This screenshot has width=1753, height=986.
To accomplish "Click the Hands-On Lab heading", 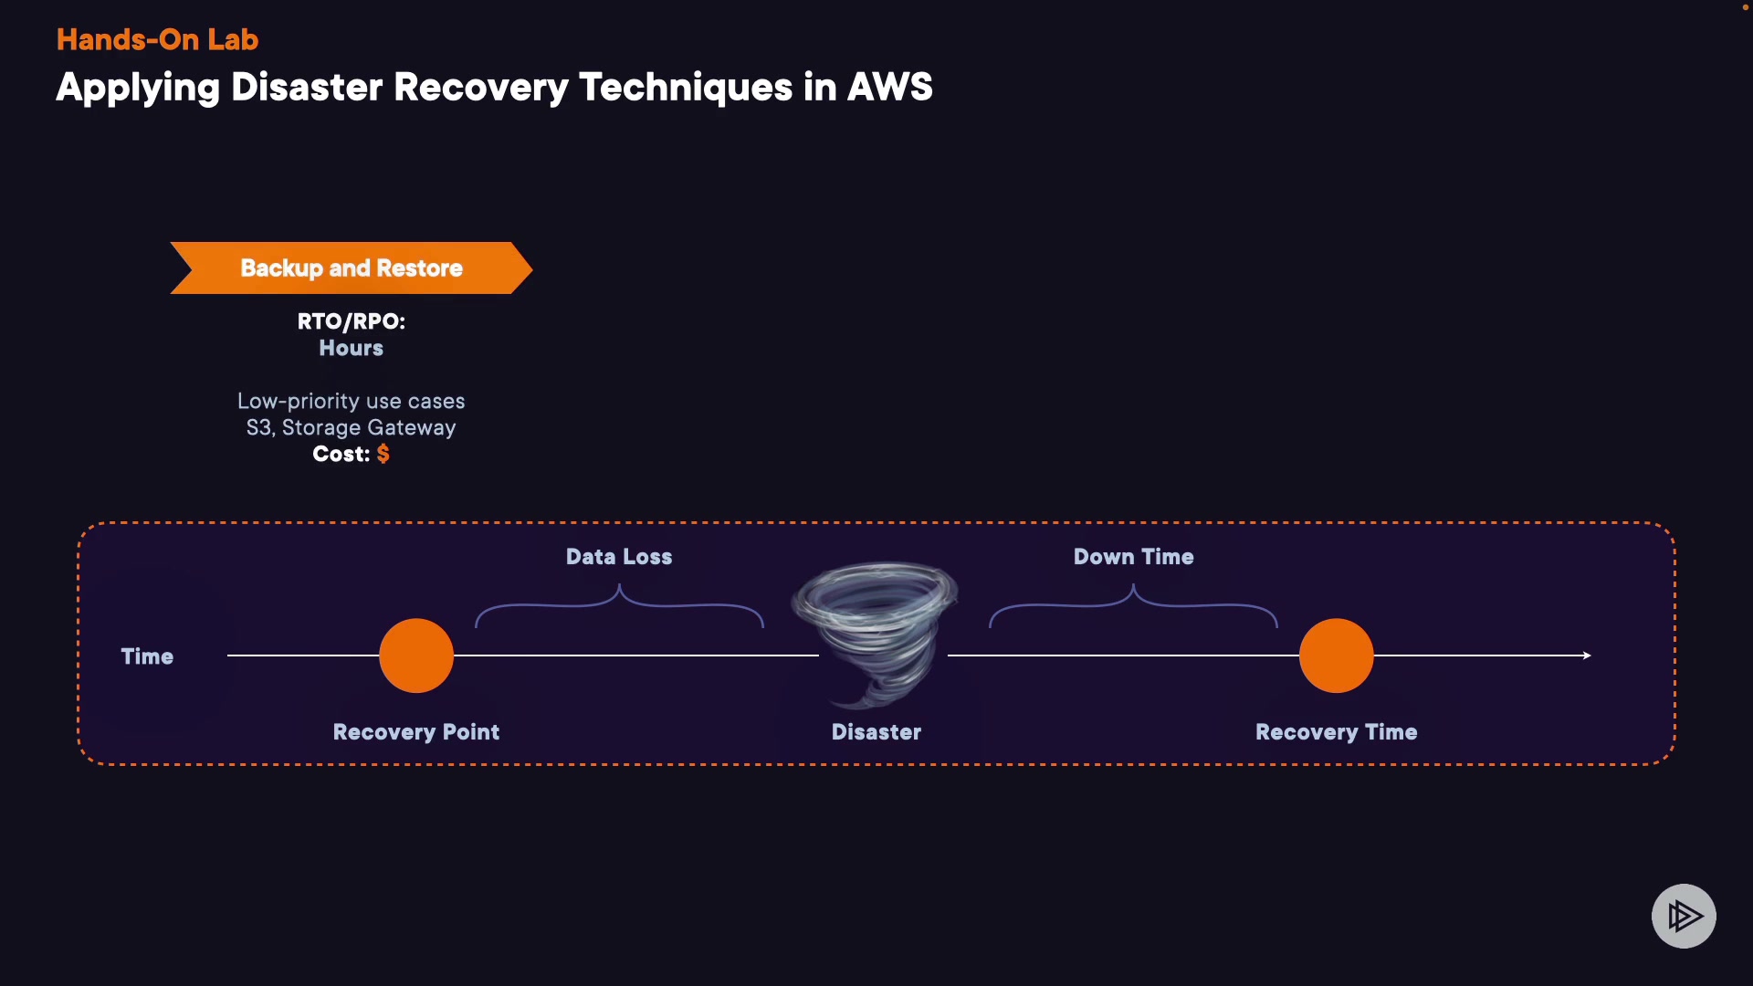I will tap(157, 39).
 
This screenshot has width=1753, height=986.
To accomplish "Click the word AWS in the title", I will tap(889, 88).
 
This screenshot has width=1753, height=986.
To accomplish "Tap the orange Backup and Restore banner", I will tap(352, 267).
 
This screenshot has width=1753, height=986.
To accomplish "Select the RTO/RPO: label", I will tap(351, 321).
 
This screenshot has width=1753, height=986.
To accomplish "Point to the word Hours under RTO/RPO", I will tap(351, 348).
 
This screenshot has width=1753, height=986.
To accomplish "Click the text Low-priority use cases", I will tap(351, 401).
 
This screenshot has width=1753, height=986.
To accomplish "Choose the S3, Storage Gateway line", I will tap(351, 427).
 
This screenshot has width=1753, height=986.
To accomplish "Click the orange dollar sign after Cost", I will tap(383, 454).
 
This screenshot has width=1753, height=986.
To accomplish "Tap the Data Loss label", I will tap(619, 557).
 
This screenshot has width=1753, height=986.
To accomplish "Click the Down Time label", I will tap(1133, 557).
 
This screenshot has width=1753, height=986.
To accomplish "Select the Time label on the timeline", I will tap(147, 656).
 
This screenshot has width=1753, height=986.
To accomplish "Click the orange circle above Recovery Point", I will tap(416, 656).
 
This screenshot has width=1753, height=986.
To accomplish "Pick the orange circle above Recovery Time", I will tap(1336, 656).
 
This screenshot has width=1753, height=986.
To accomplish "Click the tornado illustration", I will tap(875, 630).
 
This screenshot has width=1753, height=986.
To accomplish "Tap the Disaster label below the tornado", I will tap(876, 732).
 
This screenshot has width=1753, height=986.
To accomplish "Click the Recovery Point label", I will tap(416, 732).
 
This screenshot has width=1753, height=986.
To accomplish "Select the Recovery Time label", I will tap(1336, 732).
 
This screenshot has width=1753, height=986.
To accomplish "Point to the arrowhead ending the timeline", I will tap(1587, 656).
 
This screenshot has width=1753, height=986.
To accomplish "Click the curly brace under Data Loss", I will tap(619, 605).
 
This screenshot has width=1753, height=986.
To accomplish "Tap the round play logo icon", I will tap(1684, 916).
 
